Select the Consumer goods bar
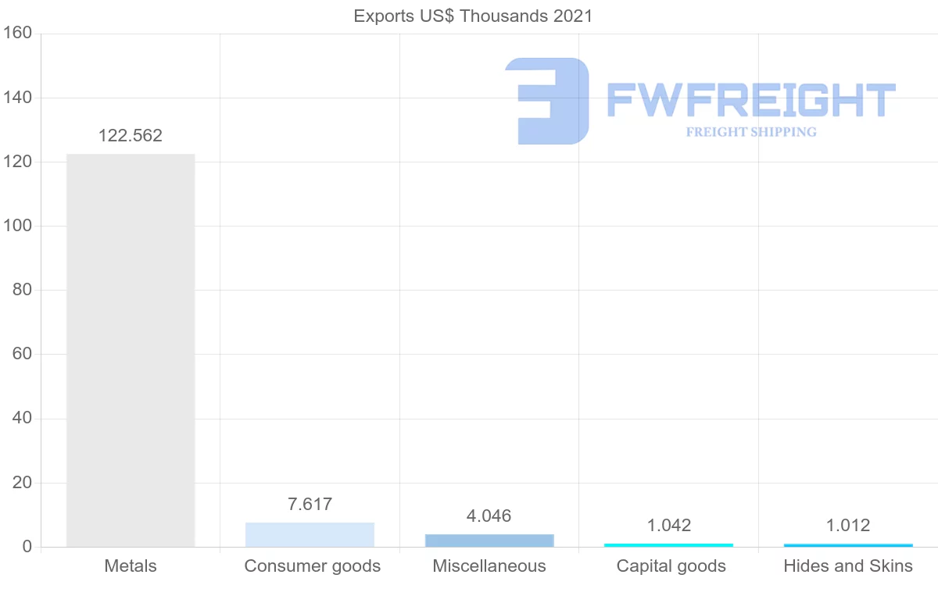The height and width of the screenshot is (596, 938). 310,534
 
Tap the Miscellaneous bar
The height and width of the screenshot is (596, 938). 489,541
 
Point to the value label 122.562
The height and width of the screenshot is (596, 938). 131,136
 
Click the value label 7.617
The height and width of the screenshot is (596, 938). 310,505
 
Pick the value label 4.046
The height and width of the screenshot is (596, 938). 489,516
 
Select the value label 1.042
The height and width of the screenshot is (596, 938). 669,526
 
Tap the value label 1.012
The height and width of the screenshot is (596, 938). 848,526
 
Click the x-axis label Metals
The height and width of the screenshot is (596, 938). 131,566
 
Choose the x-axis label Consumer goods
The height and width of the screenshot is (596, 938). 313,566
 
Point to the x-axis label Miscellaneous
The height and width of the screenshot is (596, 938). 489,566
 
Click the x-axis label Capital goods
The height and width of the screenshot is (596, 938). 671,566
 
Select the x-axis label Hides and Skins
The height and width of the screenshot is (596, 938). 848,566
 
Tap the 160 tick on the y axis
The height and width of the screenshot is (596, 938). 16,34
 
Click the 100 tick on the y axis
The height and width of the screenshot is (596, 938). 16,226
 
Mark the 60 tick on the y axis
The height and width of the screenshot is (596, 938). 22,355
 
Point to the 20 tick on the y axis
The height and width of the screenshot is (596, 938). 22,483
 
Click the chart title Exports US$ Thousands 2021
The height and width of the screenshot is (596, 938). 474,16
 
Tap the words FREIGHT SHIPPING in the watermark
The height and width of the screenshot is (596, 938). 751,132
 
